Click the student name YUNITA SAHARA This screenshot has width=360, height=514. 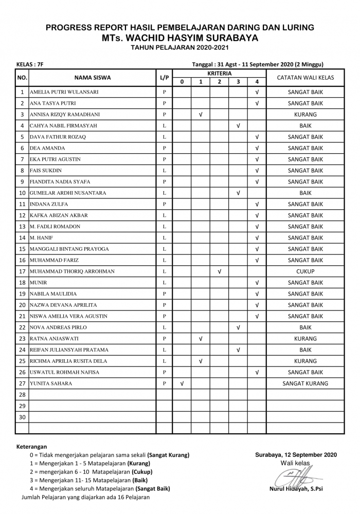(50, 383)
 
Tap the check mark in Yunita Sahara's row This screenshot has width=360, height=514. (182, 383)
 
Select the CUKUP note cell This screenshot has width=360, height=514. (305, 271)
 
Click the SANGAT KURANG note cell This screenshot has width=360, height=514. (305, 383)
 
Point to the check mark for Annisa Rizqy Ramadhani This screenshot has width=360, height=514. (201, 115)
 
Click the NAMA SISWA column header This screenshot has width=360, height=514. (93, 78)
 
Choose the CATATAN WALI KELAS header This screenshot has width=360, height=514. (305, 78)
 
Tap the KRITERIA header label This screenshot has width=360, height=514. (219, 74)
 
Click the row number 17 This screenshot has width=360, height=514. (22, 271)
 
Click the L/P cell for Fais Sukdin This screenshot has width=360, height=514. (164, 171)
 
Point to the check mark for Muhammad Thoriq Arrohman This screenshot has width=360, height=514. (220, 271)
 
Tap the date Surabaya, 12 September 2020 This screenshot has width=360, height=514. (296, 455)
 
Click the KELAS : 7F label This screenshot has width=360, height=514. (30, 65)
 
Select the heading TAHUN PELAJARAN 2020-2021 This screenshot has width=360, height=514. (180, 48)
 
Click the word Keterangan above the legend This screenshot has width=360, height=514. (32, 447)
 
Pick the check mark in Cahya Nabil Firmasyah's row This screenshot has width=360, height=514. (238, 126)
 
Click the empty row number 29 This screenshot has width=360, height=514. (22, 406)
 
